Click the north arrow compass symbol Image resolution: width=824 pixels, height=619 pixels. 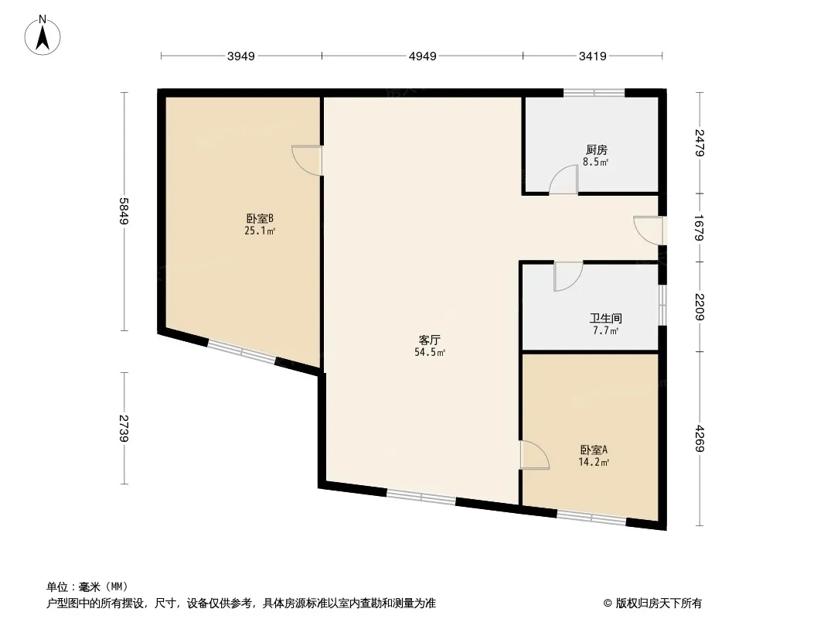pos(43,36)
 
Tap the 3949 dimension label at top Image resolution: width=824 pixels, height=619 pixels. pos(241,56)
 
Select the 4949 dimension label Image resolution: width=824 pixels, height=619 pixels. pos(423,56)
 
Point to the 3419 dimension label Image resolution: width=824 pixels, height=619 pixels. pos(592,56)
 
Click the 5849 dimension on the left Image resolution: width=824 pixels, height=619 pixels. pos(124,211)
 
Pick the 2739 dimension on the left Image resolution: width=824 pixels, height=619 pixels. pos(124,428)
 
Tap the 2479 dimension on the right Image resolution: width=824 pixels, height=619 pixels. pos(699,142)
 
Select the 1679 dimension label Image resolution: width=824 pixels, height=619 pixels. pos(699,227)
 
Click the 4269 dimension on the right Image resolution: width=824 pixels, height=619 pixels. pos(699,438)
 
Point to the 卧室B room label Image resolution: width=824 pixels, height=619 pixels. pos(260,218)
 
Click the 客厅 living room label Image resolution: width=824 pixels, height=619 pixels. pos(429,340)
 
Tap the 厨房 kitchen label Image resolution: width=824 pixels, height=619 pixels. pos(597,150)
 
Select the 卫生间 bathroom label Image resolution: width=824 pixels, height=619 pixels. pos(605,318)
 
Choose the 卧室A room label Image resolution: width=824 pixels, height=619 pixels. pos(594,450)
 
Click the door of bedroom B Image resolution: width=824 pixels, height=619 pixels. pos(308,159)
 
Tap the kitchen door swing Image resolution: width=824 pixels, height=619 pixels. pos(564,180)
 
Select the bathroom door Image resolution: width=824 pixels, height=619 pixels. pos(568,276)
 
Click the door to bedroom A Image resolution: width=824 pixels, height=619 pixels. pos(534,454)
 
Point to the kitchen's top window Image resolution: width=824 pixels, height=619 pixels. pos(594,93)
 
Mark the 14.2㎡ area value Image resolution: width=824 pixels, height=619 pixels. pos(594,462)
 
